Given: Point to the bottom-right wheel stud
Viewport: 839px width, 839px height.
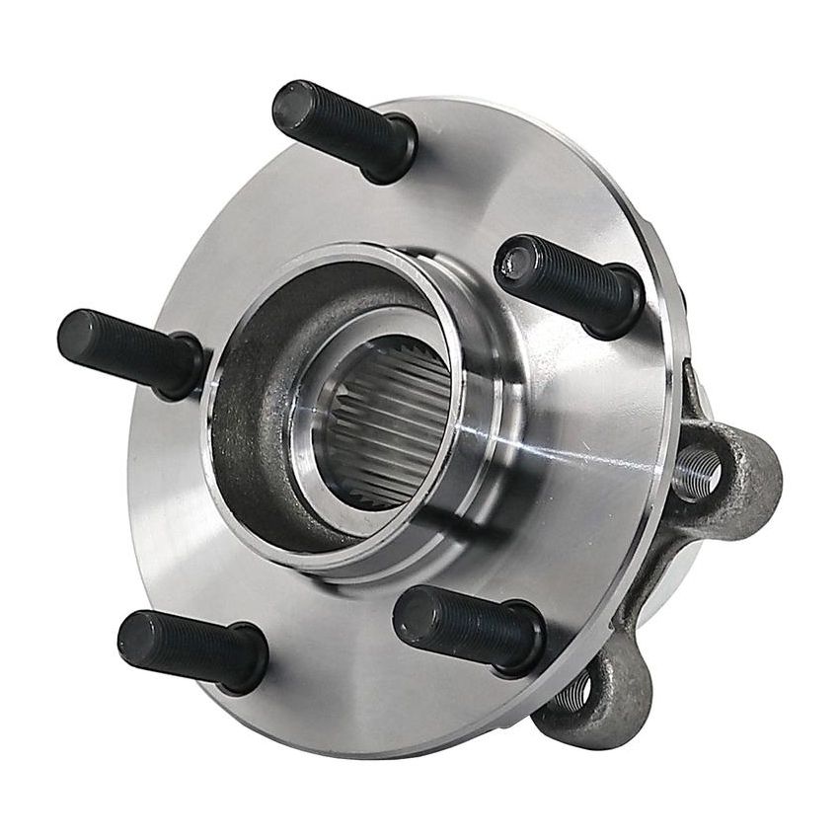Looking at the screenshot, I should click(468, 627).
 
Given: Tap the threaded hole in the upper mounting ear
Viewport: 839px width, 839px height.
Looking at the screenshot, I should click(697, 468).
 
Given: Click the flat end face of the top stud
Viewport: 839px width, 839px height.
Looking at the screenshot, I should click(290, 103).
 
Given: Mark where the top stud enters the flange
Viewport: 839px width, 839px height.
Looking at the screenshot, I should click(395, 158).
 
